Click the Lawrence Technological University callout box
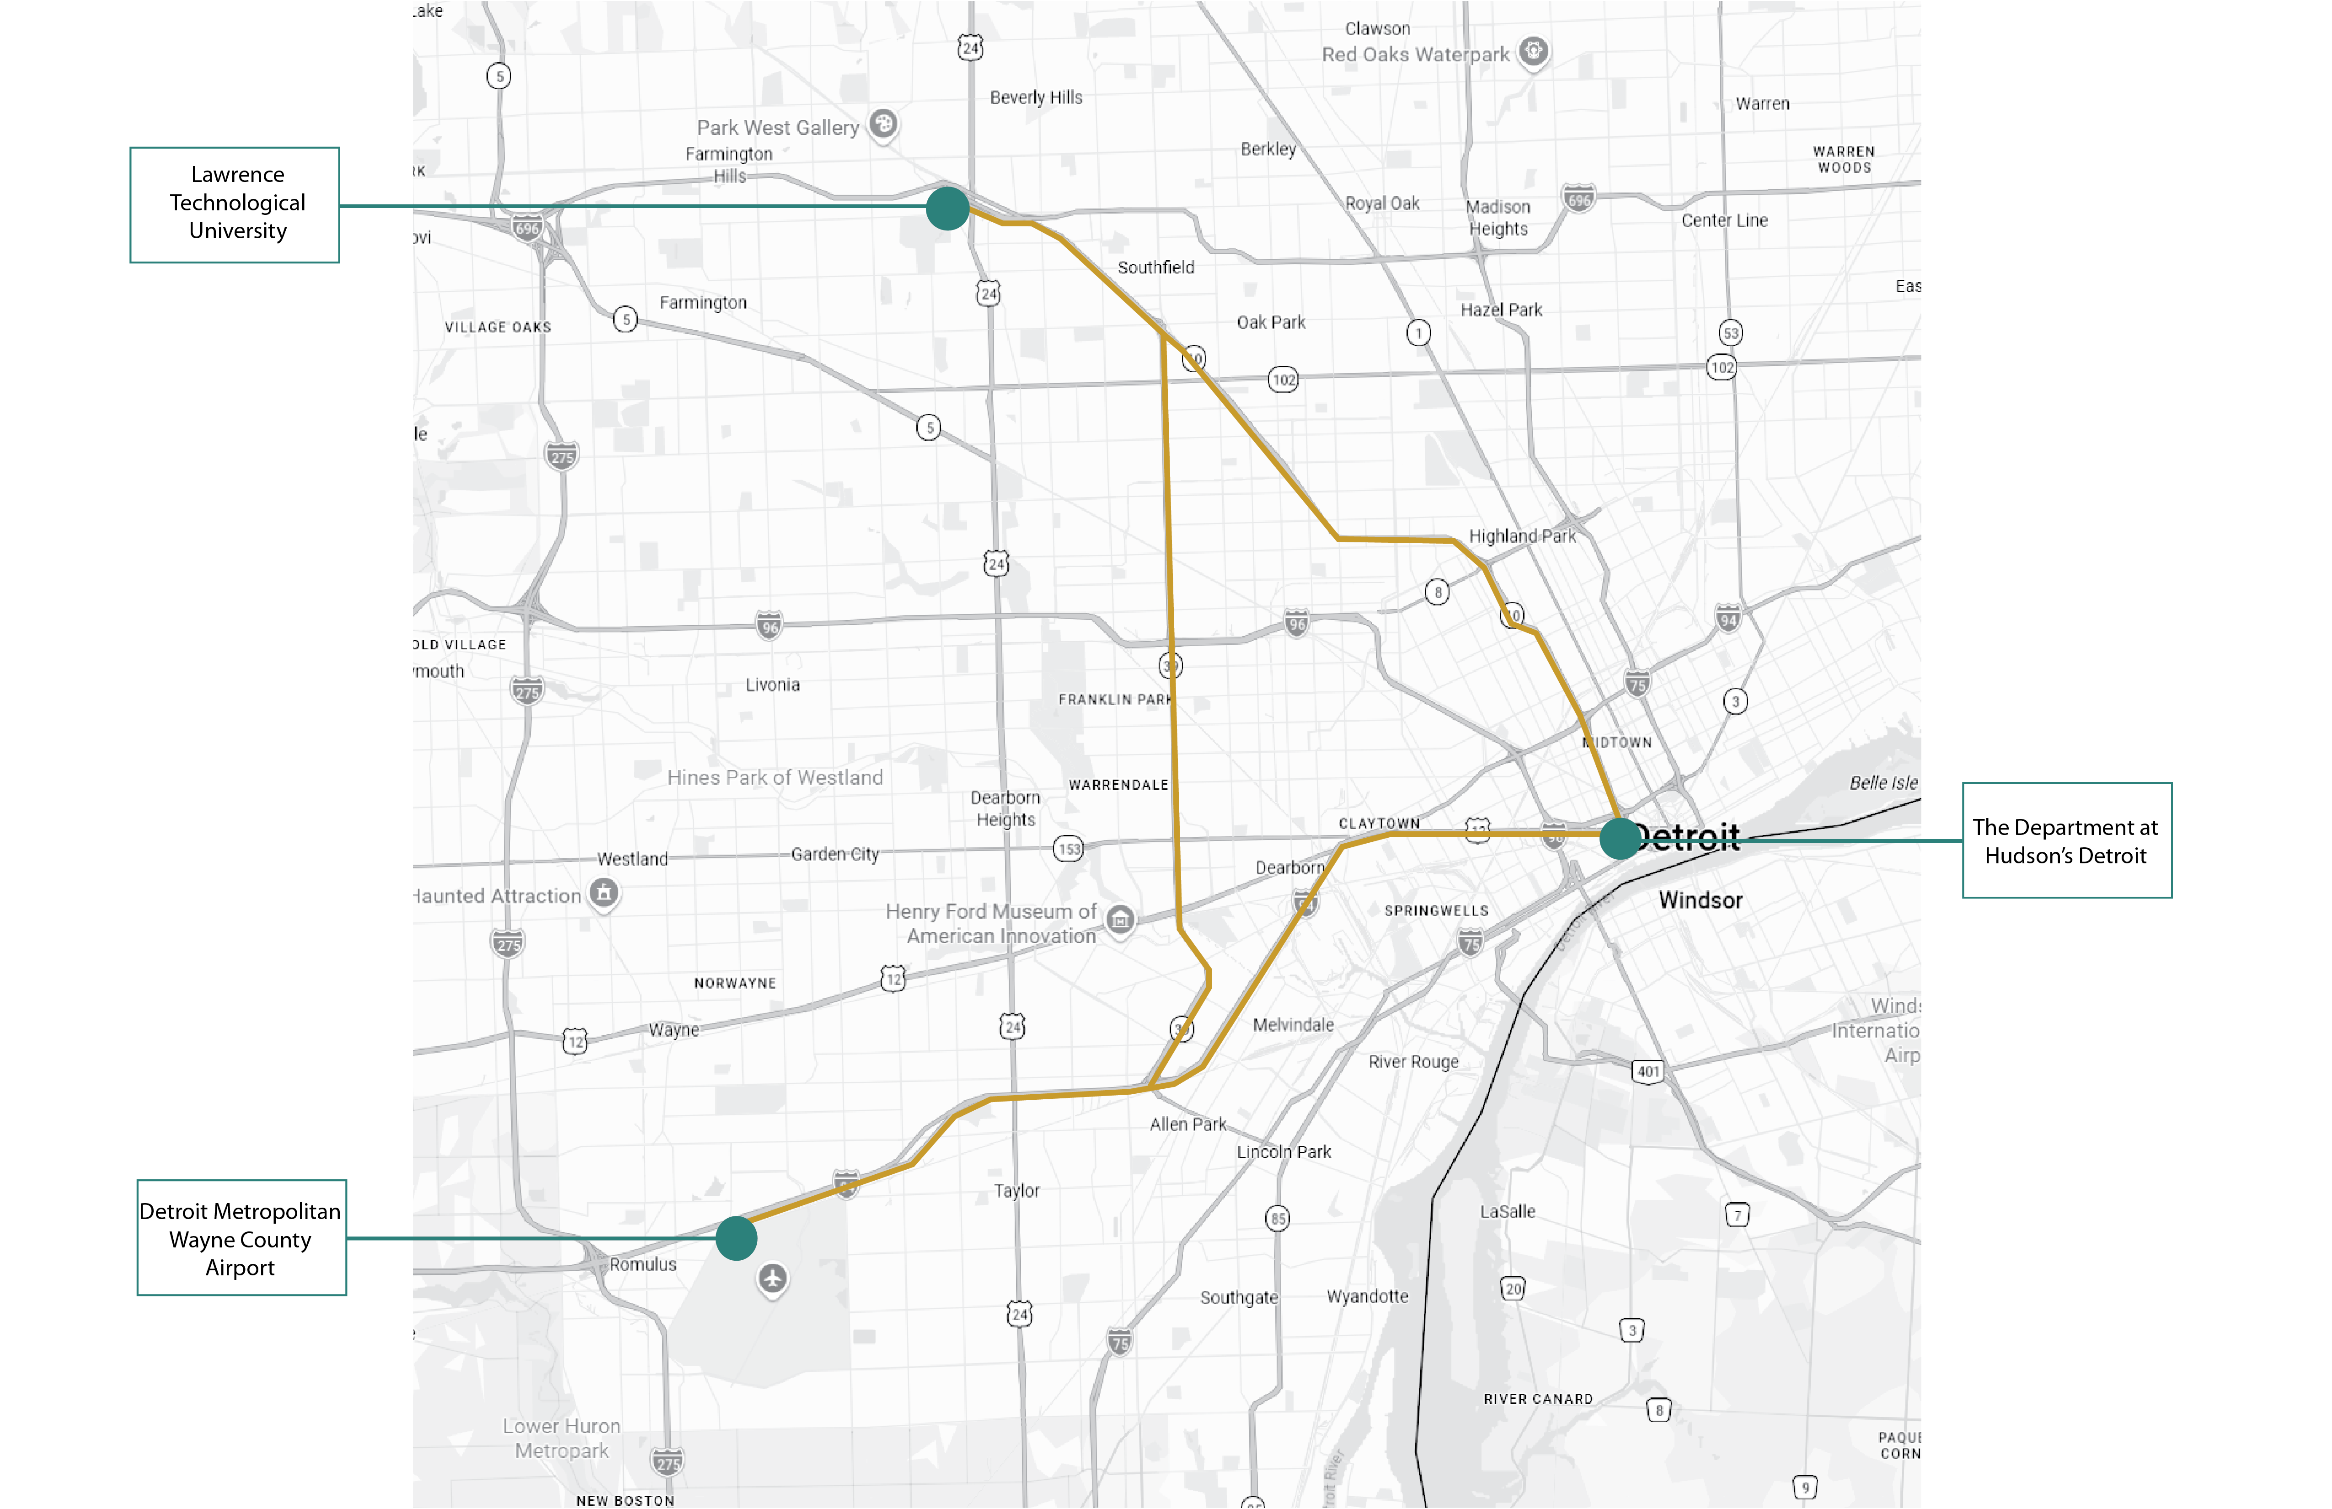click(235, 205)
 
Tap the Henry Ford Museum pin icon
click(1120, 919)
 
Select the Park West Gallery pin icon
click(883, 123)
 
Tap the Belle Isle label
click(1882, 783)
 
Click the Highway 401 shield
click(1648, 1071)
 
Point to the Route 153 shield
click(1068, 849)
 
